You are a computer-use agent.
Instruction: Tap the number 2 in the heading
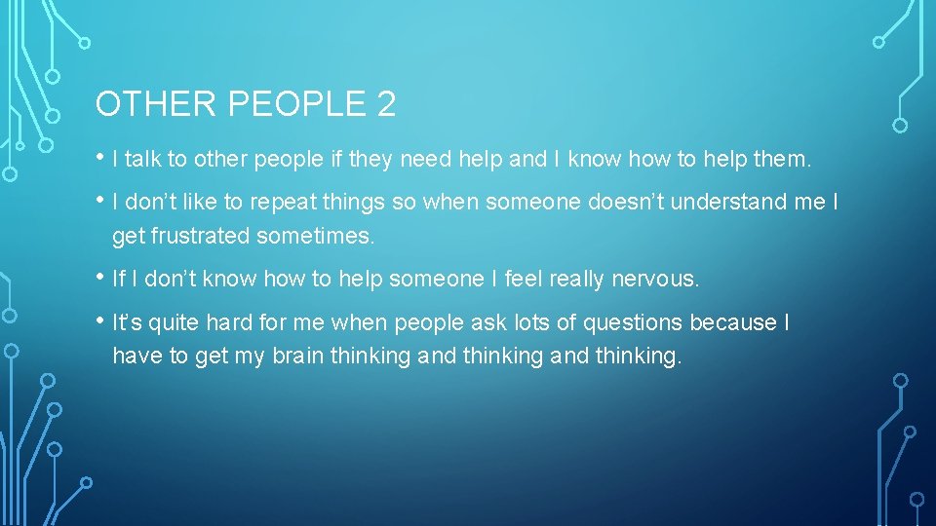(385, 103)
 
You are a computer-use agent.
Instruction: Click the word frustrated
(203, 236)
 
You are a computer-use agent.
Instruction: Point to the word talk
(142, 159)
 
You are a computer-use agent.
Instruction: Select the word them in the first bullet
(784, 159)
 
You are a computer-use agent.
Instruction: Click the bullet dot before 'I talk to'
(100, 159)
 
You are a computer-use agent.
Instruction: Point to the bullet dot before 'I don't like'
(100, 202)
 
